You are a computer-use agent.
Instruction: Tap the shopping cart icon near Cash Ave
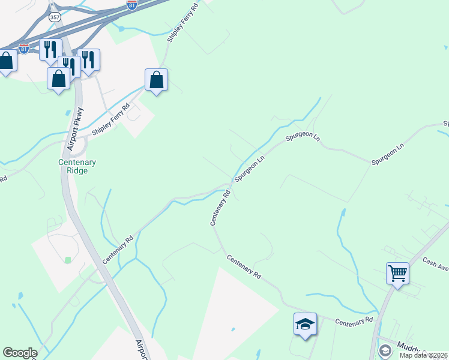click(397, 274)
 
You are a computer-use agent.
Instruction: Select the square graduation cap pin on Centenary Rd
click(305, 325)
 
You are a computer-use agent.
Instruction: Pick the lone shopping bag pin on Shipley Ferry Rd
click(156, 80)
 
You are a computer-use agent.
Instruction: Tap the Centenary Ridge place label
click(77, 166)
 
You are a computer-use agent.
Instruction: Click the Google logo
click(20, 353)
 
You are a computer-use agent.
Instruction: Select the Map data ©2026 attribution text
click(423, 355)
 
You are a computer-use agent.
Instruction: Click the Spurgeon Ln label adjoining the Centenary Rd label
click(250, 169)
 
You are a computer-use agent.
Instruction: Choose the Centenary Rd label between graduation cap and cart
click(354, 322)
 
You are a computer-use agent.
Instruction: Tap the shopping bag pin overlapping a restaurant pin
click(59, 79)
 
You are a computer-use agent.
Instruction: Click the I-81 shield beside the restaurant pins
click(23, 49)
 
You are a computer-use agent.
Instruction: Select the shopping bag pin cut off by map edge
click(6, 61)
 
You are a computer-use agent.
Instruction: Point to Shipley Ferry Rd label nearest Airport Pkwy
click(110, 121)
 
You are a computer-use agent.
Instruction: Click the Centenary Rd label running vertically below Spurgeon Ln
click(220, 208)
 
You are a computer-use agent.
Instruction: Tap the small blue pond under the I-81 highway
click(121, 28)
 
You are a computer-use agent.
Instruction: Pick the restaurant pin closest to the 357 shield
click(50, 49)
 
